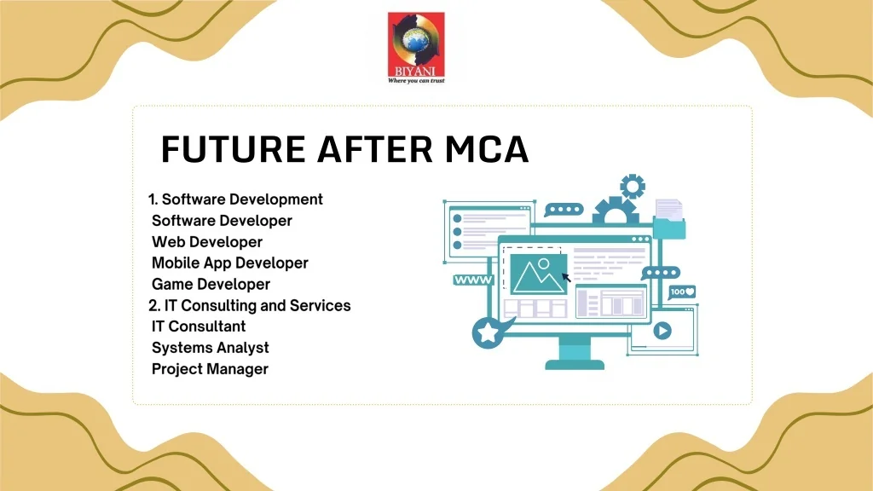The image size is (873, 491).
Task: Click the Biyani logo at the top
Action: click(416, 48)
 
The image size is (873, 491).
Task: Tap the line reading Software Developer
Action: click(222, 221)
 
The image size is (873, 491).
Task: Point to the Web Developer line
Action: click(207, 242)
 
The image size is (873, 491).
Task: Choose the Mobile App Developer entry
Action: click(230, 263)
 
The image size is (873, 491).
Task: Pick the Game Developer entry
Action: click(211, 285)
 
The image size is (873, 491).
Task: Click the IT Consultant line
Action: click(198, 326)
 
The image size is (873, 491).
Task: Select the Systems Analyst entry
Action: click(211, 348)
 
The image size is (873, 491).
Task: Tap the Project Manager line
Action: click(210, 369)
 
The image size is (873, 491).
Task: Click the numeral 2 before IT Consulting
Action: click(153, 306)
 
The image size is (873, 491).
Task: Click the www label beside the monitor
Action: click(473, 280)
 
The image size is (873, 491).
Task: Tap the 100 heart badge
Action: click(682, 292)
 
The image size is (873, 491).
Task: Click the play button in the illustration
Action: click(662, 331)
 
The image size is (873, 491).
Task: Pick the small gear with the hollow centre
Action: click(633, 187)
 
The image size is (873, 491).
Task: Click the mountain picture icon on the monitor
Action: click(539, 274)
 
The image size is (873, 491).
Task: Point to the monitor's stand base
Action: click(575, 365)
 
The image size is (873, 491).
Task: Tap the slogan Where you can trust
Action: click(416, 81)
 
